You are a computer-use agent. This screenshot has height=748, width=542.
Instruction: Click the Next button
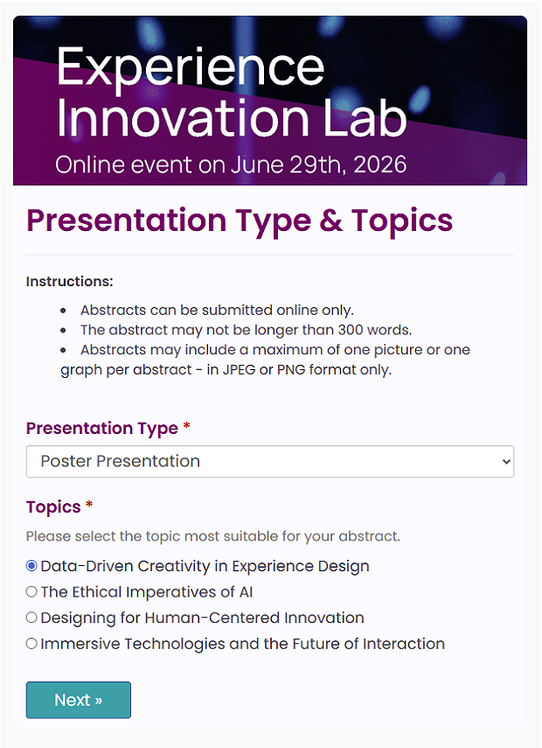point(78,700)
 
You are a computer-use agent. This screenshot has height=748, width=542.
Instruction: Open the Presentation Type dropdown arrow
point(506,461)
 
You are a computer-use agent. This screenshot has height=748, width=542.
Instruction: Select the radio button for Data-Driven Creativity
point(31,566)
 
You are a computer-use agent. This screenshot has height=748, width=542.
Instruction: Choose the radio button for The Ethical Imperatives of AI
point(31,591)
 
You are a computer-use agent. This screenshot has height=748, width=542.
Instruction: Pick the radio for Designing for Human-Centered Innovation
point(31,618)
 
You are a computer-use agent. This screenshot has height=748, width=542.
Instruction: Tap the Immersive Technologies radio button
point(31,644)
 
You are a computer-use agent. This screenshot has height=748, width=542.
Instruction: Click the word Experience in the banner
point(191,69)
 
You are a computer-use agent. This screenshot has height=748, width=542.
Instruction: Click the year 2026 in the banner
point(380,164)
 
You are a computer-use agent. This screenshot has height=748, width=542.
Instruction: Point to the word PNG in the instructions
point(291,370)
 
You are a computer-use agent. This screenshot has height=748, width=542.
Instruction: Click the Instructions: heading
point(70,282)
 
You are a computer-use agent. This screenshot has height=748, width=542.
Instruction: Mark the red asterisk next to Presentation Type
point(186,425)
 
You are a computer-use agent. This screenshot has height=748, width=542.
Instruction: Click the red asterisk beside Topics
point(89,504)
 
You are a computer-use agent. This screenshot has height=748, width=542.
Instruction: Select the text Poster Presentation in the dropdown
point(120,461)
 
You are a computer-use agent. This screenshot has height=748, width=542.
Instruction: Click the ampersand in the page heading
point(330,220)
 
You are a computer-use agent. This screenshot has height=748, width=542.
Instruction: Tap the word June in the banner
point(257,164)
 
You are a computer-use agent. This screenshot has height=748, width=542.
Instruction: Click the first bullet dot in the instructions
point(64,311)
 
